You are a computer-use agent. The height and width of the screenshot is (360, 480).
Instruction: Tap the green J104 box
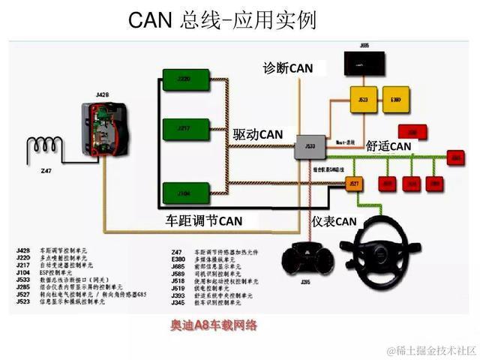pyautogui.click(x=183, y=194)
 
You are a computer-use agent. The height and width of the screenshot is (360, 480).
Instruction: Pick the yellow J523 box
pyautogui.click(x=363, y=99)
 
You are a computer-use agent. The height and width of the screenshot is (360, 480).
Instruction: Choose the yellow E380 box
pyautogui.click(x=396, y=99)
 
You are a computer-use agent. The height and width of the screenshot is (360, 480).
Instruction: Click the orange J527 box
pyautogui.click(x=355, y=182)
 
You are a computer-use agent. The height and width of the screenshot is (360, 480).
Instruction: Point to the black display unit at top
pyautogui.click(x=364, y=64)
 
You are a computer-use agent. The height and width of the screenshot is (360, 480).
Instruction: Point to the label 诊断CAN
pyautogui.click(x=288, y=68)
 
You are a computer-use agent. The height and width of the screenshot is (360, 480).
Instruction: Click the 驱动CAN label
pyautogui.click(x=258, y=134)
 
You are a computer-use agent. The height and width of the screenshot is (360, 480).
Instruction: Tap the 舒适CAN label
pyautogui.click(x=388, y=145)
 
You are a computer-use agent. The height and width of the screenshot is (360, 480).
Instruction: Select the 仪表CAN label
pyautogui.click(x=334, y=221)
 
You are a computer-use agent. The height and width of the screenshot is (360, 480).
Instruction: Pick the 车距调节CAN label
pyautogui.click(x=204, y=221)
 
